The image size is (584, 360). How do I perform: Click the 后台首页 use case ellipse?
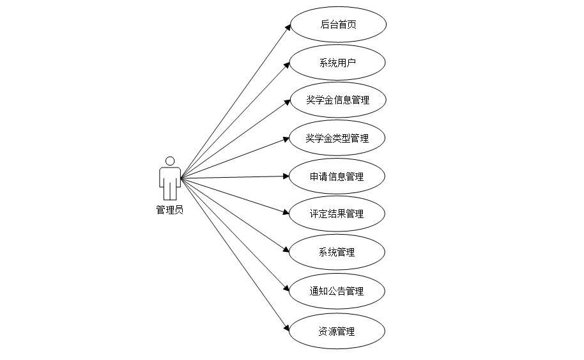(338, 25)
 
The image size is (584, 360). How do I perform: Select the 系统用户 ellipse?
(337, 63)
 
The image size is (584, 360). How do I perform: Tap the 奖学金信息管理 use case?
(337, 100)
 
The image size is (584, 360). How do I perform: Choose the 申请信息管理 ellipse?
(337, 176)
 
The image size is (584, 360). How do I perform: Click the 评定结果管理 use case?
(337, 214)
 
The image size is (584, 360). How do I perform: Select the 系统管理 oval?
(337, 252)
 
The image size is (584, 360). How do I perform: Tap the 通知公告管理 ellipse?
(337, 291)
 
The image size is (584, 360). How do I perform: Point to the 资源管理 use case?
(337, 331)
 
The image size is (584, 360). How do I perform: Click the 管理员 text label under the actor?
(170, 209)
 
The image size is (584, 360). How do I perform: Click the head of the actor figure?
(170, 161)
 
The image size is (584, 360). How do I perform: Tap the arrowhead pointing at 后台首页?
(288, 27)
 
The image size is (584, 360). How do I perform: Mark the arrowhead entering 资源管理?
(287, 328)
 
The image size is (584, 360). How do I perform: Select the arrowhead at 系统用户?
(288, 65)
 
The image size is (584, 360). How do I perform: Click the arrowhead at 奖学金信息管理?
(287, 102)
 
